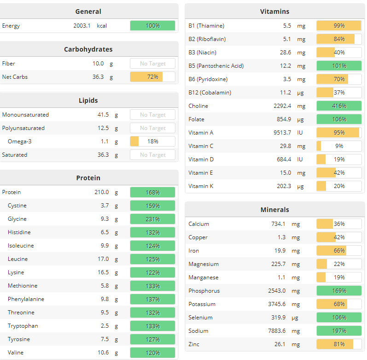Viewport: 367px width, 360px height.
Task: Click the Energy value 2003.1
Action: pos(82,26)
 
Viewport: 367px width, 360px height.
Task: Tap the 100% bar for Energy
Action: pos(152,26)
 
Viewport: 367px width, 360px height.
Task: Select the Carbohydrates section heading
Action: pos(88,49)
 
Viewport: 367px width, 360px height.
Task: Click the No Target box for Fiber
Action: pos(152,64)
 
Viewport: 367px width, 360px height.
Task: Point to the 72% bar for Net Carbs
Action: pos(152,77)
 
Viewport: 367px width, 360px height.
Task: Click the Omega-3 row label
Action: pos(19,142)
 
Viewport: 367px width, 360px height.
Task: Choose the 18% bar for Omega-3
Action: pos(152,142)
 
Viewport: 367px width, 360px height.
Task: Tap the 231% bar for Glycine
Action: pos(152,219)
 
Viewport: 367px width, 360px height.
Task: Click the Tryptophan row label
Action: pos(23,326)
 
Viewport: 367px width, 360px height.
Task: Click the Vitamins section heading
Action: pos(274,12)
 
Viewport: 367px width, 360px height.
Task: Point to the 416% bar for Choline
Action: pos(339,106)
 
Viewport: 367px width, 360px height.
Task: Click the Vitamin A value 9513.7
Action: pos(282,133)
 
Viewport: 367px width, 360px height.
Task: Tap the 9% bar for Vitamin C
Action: pos(339,146)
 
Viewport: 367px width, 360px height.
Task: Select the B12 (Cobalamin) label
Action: pos(210,93)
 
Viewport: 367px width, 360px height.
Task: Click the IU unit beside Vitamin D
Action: pos(301,159)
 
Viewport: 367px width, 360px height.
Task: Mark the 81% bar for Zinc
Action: pos(339,344)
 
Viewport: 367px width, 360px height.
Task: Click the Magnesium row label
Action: pos(204,264)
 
